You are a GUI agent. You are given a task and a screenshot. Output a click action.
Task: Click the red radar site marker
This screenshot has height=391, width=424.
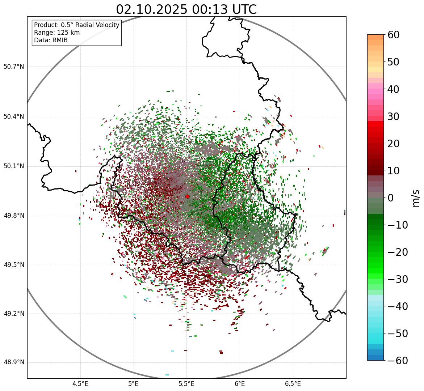pyautogui.click(x=187, y=196)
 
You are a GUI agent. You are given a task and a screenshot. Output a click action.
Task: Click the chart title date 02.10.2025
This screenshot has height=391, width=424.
pyautogui.click(x=152, y=9)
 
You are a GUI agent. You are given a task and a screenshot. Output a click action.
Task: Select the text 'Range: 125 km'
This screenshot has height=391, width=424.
pyautogui.click(x=57, y=33)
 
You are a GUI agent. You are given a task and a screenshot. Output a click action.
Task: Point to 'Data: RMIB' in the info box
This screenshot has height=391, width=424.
pyautogui.click(x=51, y=40)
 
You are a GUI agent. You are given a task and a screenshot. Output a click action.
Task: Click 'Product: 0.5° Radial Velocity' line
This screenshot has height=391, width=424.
pyautogui.click(x=76, y=25)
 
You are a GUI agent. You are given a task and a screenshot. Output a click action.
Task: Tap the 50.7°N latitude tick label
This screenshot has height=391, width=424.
pyautogui.click(x=14, y=67)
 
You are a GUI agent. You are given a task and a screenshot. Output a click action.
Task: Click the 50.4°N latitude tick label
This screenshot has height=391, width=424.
pyautogui.click(x=14, y=116)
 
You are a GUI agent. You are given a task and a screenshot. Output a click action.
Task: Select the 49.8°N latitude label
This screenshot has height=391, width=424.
pyautogui.click(x=14, y=216)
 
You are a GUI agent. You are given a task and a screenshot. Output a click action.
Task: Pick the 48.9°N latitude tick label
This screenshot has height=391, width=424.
pyautogui.click(x=14, y=362)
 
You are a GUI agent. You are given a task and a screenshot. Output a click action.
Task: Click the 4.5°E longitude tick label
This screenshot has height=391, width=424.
pyautogui.click(x=80, y=384)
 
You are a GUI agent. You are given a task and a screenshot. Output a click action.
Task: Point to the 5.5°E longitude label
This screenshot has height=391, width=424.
pyautogui.click(x=186, y=384)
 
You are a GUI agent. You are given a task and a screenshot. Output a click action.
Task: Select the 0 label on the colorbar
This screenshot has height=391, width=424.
pyautogui.click(x=391, y=198)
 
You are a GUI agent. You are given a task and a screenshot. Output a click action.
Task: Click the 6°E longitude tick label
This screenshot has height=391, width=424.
pyautogui.click(x=240, y=384)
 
